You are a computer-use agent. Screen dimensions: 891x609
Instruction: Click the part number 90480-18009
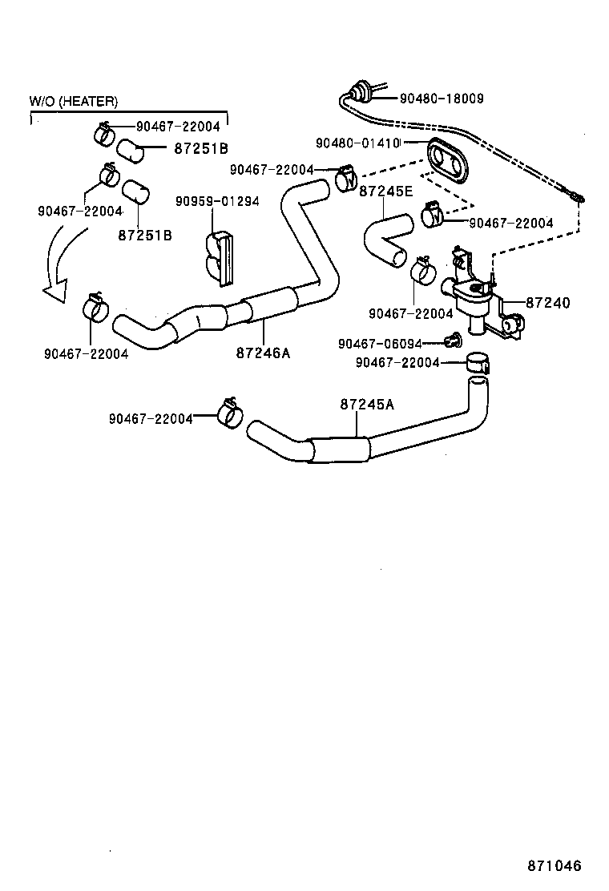(x=441, y=99)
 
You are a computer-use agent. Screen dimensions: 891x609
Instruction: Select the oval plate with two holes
(x=448, y=163)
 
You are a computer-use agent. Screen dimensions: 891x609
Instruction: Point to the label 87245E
(x=385, y=192)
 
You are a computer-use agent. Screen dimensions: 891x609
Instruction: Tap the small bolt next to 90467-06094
(x=454, y=342)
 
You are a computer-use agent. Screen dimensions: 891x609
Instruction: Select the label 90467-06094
(x=380, y=343)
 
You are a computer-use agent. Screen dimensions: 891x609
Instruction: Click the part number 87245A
(x=367, y=405)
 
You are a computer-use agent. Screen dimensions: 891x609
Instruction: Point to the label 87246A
(x=263, y=351)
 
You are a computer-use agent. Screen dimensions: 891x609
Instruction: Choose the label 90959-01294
(x=217, y=201)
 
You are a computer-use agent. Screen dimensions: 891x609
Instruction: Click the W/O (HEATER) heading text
(x=74, y=101)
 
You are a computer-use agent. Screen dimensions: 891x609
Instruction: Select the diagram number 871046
(x=554, y=866)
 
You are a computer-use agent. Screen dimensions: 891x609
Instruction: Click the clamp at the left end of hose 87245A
(x=231, y=413)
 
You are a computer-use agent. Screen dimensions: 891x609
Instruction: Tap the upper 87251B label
(x=201, y=148)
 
